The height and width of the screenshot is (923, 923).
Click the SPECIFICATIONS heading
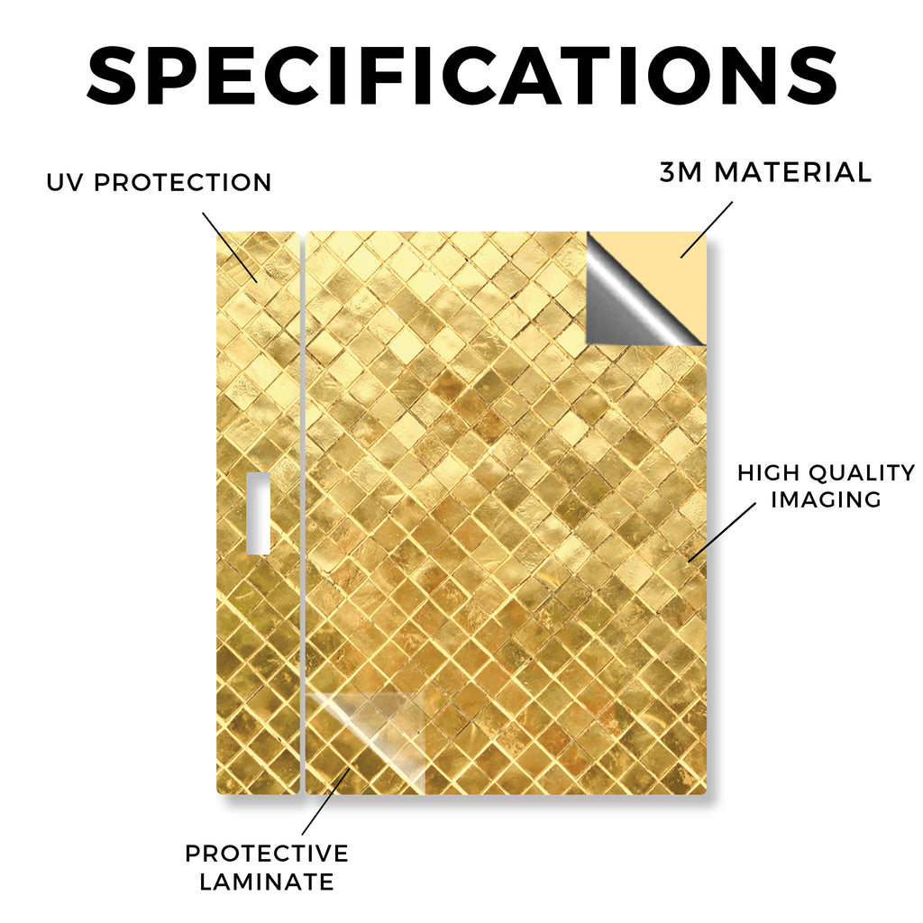(x=462, y=76)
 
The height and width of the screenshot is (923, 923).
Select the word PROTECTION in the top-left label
(x=182, y=182)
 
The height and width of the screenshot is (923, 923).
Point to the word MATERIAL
(x=792, y=172)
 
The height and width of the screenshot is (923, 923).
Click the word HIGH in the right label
(x=769, y=472)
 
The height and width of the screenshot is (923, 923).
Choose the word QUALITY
(x=863, y=472)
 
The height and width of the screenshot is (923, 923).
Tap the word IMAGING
(x=826, y=499)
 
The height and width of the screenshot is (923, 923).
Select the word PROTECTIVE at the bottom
(x=267, y=854)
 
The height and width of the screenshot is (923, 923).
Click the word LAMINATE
(x=267, y=882)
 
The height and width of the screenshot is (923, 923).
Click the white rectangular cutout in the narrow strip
(x=258, y=513)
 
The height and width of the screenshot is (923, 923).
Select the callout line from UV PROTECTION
(x=230, y=247)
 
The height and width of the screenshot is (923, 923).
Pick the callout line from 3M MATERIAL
(x=707, y=230)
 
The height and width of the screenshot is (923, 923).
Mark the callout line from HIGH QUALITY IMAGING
(x=722, y=532)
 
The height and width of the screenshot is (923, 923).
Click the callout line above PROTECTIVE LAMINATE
(x=326, y=800)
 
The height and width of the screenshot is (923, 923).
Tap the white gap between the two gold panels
(x=303, y=512)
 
